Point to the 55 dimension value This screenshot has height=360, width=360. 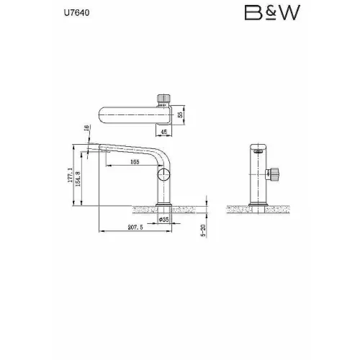(180, 114)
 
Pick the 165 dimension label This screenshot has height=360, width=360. (134, 163)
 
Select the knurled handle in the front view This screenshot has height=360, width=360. (274, 173)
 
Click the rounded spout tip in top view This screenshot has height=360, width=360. (103, 114)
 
